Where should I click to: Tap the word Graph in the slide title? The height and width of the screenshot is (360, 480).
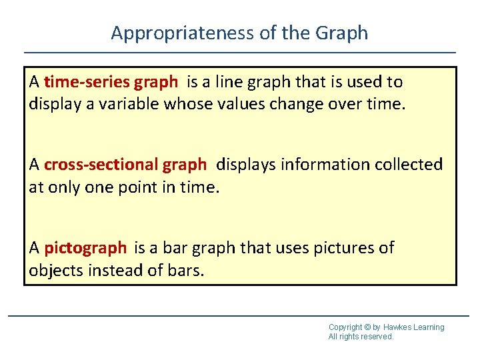pos(341,33)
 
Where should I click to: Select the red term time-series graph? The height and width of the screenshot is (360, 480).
pos(111,82)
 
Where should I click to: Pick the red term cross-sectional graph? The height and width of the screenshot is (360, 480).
pos(125,164)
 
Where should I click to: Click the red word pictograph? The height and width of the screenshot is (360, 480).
pos(85,248)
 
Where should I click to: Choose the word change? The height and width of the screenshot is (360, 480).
pos(281,105)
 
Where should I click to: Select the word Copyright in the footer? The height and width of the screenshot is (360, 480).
pos(345,327)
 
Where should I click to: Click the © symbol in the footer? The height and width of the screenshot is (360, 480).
pos(367,327)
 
